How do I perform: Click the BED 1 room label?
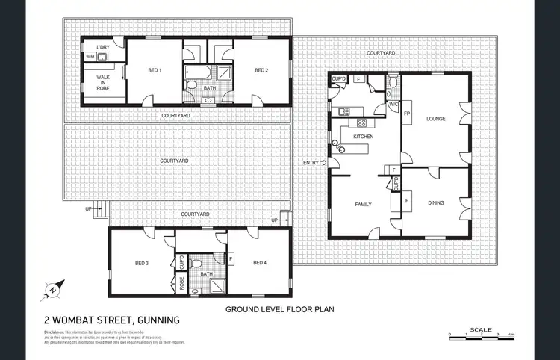point(155,71)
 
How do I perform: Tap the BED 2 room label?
point(261,71)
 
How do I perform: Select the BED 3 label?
point(142,263)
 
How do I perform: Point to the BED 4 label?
point(259,263)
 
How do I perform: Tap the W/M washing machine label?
point(90,57)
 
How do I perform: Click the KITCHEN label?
point(363,137)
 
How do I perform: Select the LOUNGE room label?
point(435,119)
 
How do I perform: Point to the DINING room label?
point(435,202)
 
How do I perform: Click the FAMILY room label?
point(363,203)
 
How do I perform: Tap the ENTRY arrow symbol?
point(323,163)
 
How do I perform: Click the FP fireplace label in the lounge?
point(407,114)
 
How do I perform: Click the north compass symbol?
point(53,289)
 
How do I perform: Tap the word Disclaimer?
point(55,331)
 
